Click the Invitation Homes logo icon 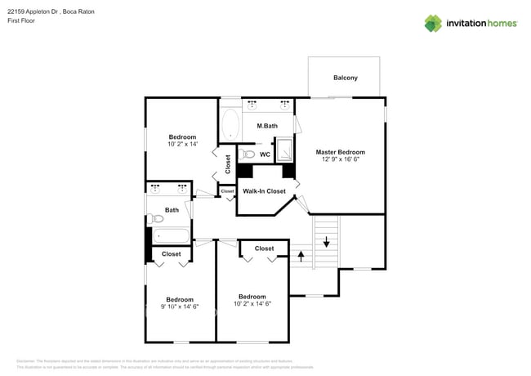[433, 23]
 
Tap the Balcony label [345, 78]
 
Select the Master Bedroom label [340, 152]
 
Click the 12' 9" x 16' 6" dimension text [340, 161]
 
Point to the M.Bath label [267, 126]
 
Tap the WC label [265, 154]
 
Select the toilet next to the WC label [250, 154]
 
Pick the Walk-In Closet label [264, 191]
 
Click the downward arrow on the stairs [326, 242]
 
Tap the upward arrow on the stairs [301, 256]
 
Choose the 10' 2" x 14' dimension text [182, 145]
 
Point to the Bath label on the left [172, 210]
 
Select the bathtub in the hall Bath [170, 237]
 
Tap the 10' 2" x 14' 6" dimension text [252, 304]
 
